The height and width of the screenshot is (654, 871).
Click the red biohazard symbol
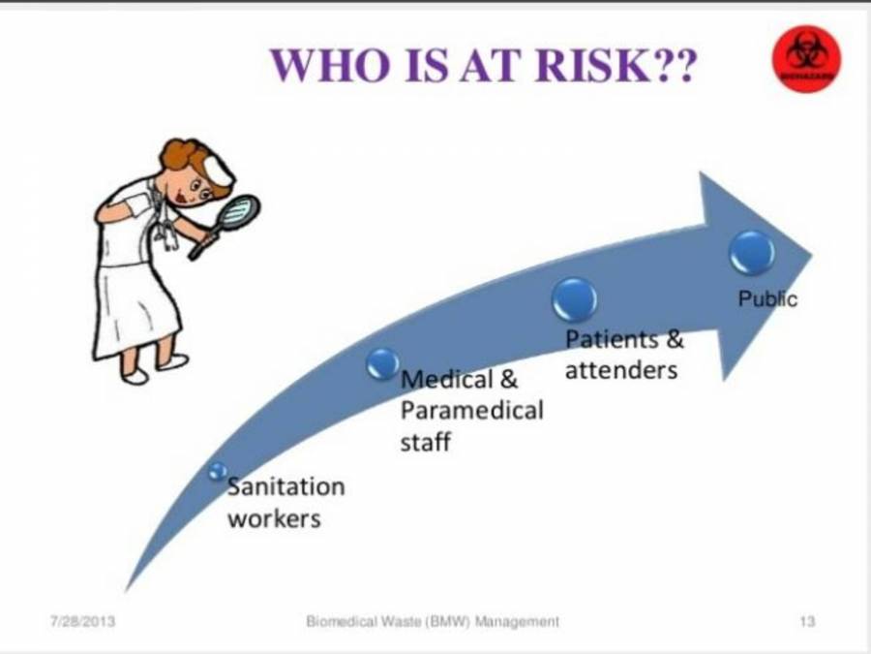pyautogui.click(x=806, y=59)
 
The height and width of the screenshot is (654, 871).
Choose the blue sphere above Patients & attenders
pyautogui.click(x=574, y=298)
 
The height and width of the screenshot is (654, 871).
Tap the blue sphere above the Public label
pyautogui.click(x=752, y=252)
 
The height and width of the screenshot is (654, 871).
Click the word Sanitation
pyautogui.click(x=285, y=485)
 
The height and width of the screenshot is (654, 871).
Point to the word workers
pyautogui.click(x=274, y=518)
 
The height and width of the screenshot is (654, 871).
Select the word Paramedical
pyautogui.click(x=471, y=410)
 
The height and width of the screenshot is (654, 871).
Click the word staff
pyautogui.click(x=425, y=443)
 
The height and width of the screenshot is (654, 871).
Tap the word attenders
pyautogui.click(x=620, y=369)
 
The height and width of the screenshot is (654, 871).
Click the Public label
pyautogui.click(x=767, y=299)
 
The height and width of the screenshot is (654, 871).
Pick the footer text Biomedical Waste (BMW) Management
pyautogui.click(x=432, y=621)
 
